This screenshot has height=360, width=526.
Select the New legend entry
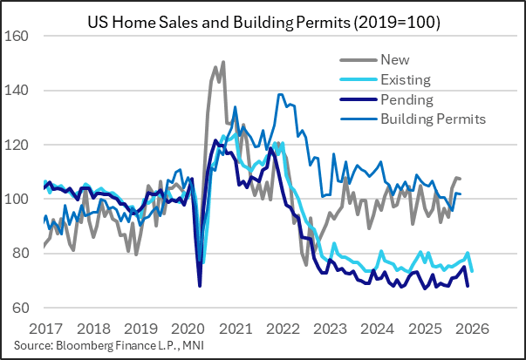pos(394,60)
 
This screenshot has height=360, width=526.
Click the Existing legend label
pos(406,80)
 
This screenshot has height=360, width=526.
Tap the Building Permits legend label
pos(433,119)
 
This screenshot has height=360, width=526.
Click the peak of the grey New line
pos(223,62)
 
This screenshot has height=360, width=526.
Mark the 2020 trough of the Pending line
pos(200,285)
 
